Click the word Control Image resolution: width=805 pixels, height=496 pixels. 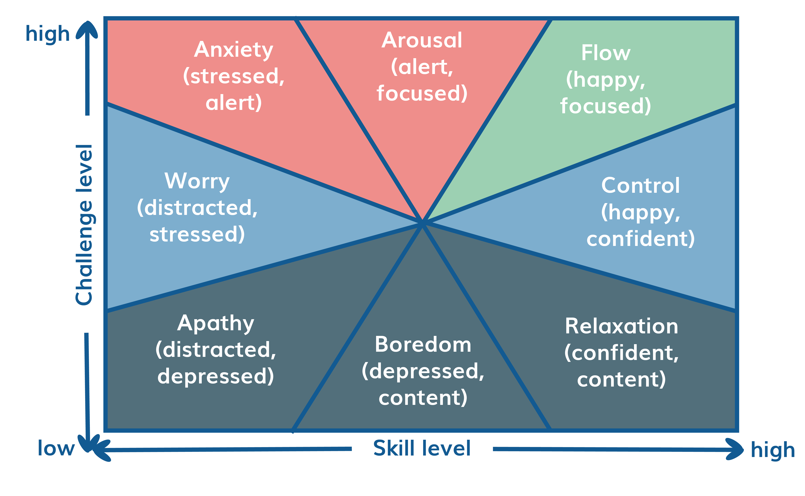coord(640,186)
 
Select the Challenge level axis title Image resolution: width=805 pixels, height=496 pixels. coord(84,225)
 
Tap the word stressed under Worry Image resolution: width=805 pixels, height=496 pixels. coord(197,235)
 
